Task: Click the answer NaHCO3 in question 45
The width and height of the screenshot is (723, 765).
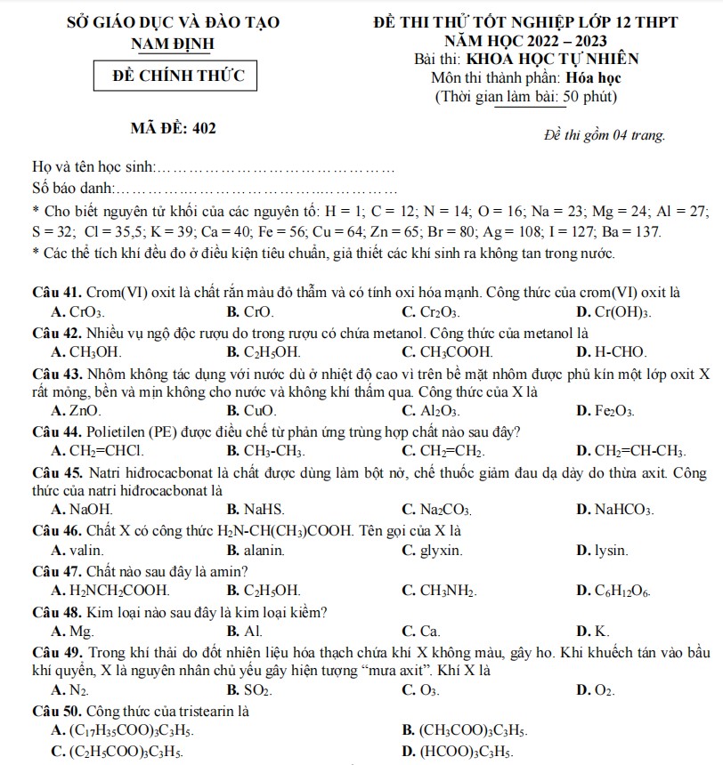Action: point(623,510)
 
